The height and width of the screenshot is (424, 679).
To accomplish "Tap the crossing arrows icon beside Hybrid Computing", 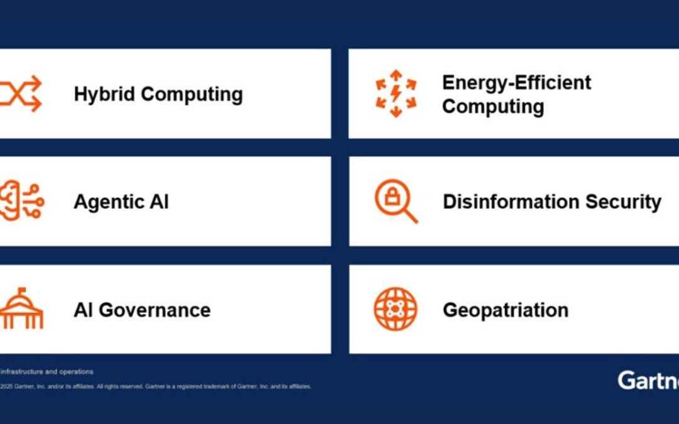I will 21,94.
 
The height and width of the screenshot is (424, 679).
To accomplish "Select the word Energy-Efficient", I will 516,82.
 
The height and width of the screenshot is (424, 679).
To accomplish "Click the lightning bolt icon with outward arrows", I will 395,94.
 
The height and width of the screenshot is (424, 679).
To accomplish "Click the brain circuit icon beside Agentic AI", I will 21,200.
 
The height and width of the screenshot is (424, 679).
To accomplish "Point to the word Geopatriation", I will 505,310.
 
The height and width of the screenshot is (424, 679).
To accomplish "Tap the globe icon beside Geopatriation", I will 395,309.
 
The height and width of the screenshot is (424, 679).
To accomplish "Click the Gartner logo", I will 648,381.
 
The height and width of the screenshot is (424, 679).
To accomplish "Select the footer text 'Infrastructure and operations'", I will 47,372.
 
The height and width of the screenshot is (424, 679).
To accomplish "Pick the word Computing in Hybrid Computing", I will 191,94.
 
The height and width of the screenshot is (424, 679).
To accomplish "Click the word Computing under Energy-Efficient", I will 493,106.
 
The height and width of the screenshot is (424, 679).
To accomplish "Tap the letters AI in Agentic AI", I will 158,202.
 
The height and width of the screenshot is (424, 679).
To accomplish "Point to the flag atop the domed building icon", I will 22,291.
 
